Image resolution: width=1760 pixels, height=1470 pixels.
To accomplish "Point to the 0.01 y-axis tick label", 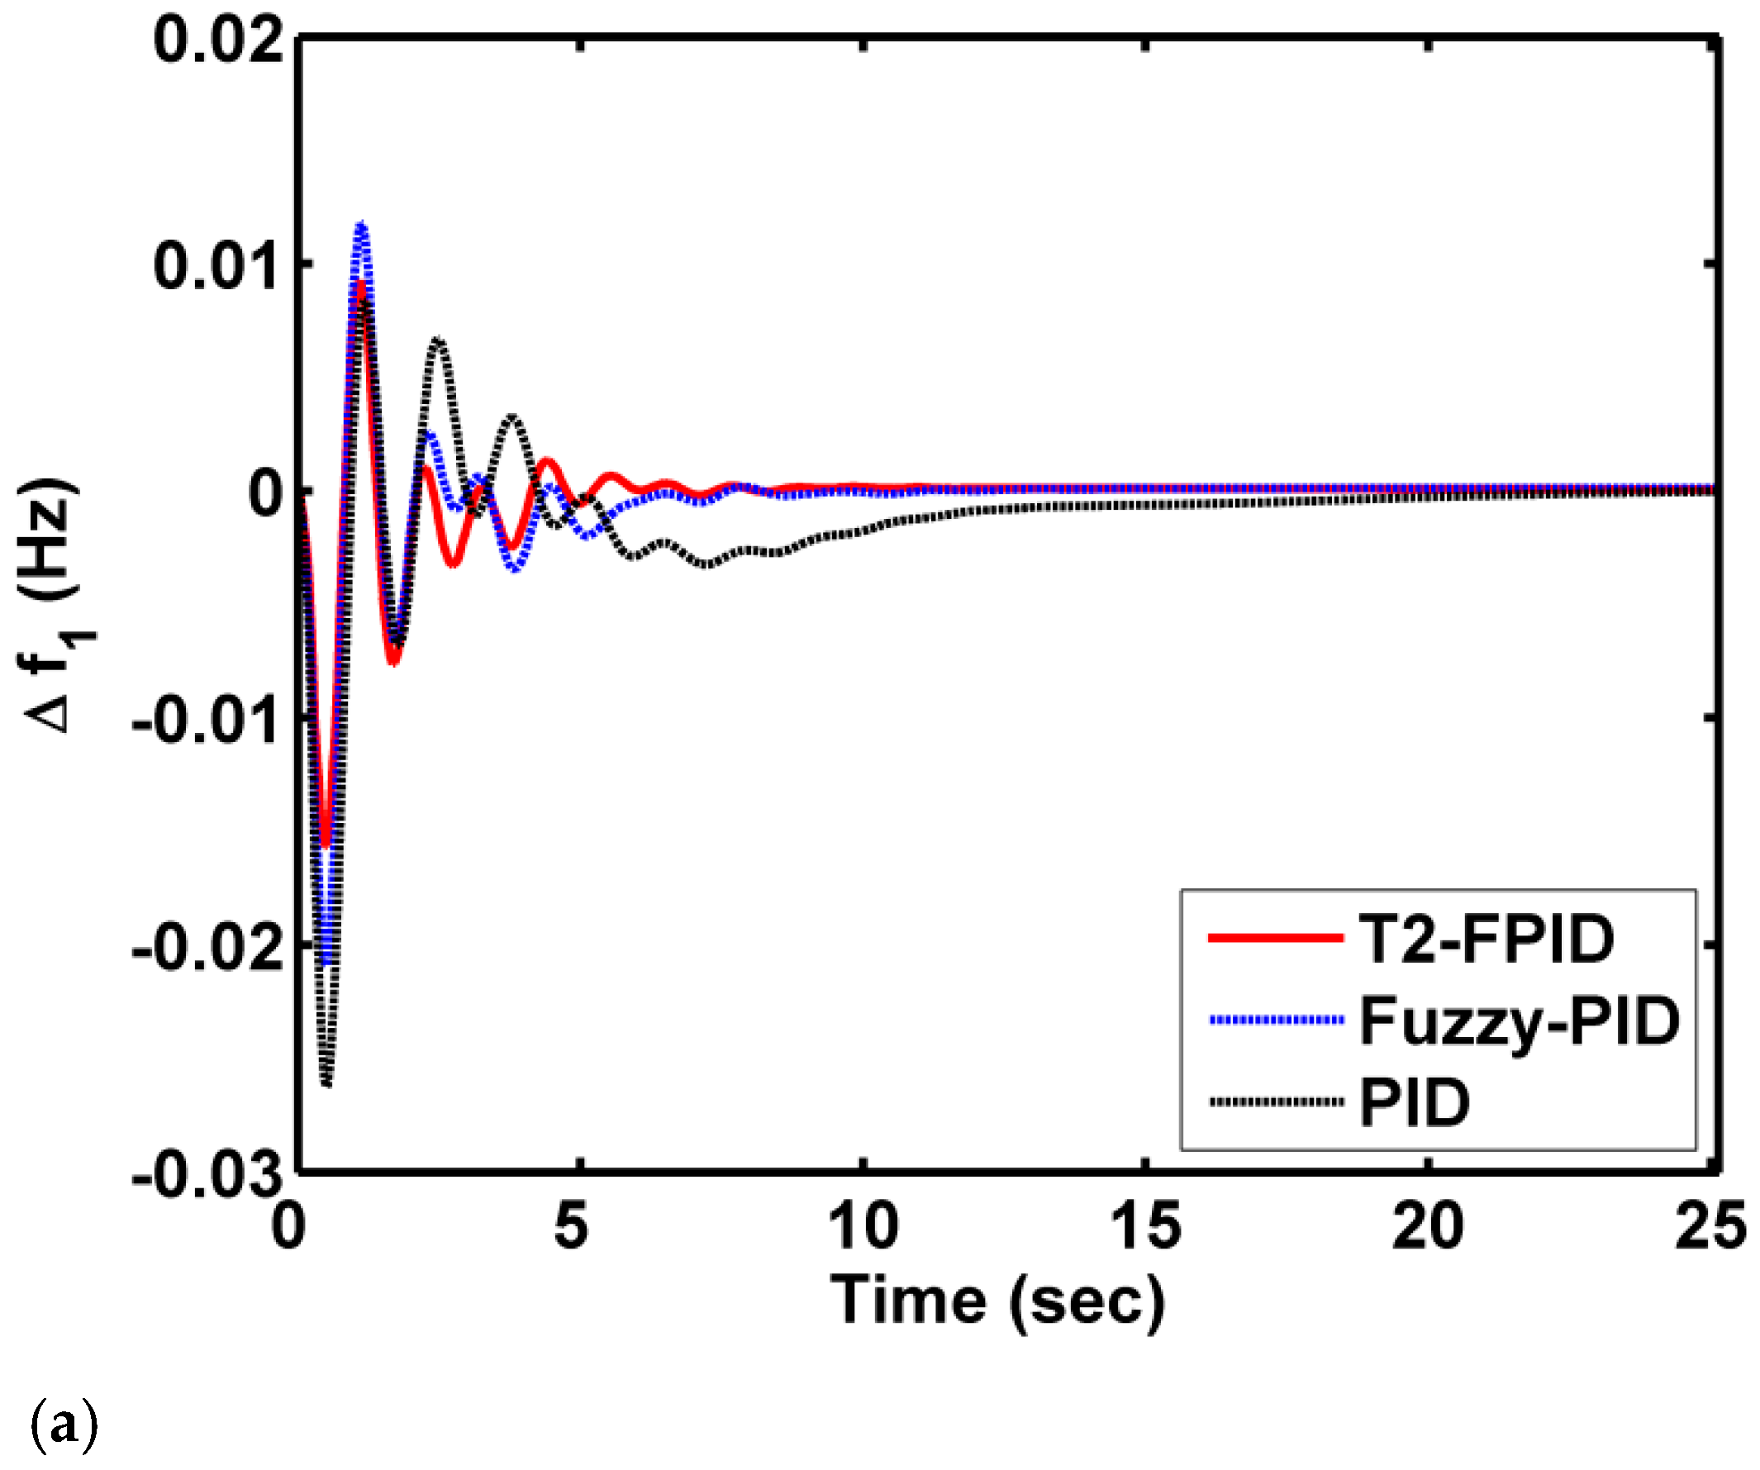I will [219, 266].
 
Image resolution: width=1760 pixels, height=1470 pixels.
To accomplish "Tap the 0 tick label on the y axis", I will [268, 492].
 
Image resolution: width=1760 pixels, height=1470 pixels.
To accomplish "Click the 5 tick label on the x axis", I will [571, 1225].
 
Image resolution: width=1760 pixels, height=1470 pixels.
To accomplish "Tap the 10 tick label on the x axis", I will [863, 1225].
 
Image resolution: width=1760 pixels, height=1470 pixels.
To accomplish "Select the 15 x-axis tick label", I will [1145, 1225].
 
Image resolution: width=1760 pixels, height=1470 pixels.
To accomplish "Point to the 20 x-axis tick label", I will [1427, 1225].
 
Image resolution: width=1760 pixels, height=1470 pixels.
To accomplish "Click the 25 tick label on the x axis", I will [1710, 1225].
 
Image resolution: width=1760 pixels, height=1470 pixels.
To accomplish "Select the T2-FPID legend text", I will [1486, 939].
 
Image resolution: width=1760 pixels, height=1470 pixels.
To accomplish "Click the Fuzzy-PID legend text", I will [1519, 1020].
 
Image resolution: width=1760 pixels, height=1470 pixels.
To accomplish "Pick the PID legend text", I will [1415, 1102].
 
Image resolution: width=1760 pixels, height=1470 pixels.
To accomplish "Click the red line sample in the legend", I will [1275, 939].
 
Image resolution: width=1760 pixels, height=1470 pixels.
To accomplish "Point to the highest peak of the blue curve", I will [361, 225].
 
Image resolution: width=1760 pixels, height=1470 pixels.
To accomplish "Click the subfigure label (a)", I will [64, 1424].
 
